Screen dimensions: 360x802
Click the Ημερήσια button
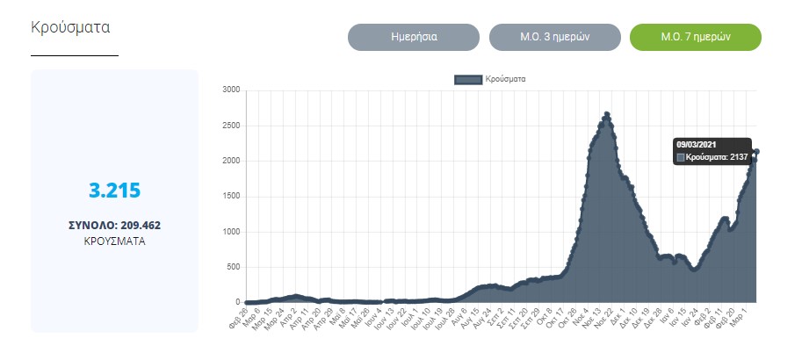tap(414, 38)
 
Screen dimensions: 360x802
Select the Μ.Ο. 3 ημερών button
tap(554, 38)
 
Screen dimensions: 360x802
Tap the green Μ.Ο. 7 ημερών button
tap(696, 38)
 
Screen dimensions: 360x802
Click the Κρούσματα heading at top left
tap(70, 26)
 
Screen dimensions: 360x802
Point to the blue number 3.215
tap(114, 190)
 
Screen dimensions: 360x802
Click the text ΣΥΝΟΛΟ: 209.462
tap(114, 225)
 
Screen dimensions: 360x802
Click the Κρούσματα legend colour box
tap(467, 79)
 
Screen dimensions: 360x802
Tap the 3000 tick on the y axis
tap(231, 90)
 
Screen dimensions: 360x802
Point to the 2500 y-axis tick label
tap(231, 126)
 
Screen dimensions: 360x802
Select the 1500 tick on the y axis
tap(231, 197)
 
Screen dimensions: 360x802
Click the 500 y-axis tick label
tap(233, 267)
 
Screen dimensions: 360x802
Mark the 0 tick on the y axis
tap(237, 303)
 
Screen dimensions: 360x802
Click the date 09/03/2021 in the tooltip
tap(697, 144)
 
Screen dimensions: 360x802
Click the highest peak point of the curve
tap(607, 114)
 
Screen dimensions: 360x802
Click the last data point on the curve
tap(757, 151)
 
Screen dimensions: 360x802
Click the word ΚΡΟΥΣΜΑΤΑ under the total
tap(114, 240)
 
